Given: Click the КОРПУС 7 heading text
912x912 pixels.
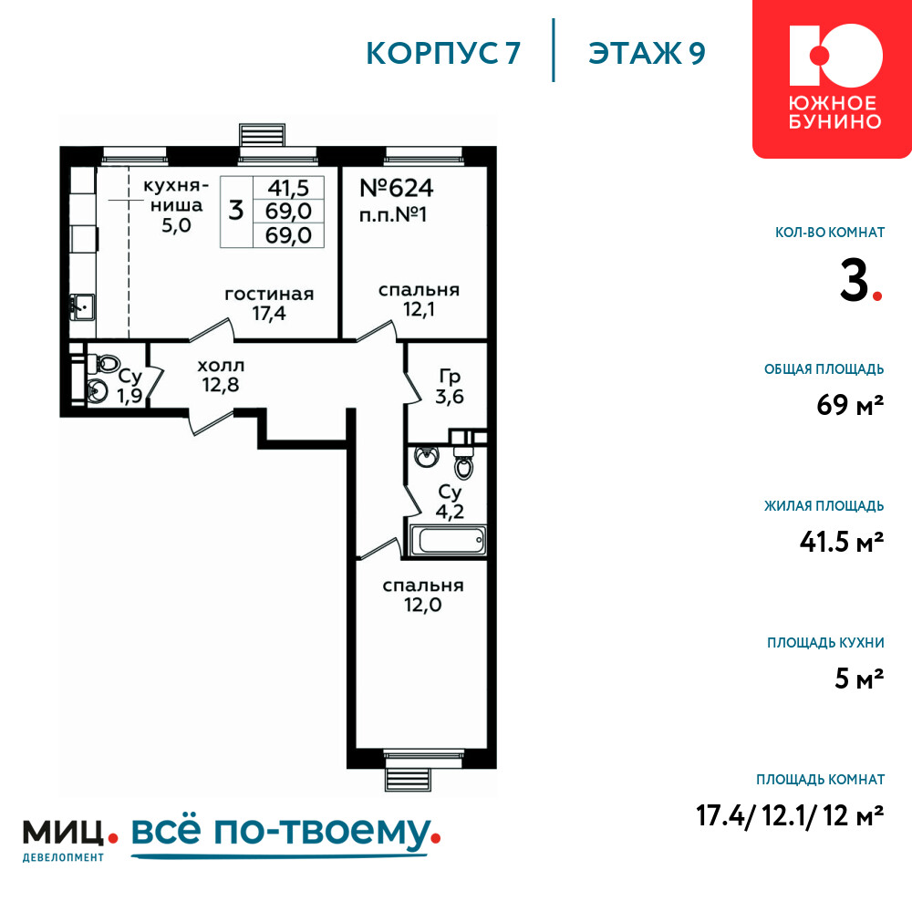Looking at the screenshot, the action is point(443,54).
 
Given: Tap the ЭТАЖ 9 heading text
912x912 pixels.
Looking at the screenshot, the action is point(647,54).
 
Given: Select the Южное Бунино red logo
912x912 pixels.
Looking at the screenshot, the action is point(833,78).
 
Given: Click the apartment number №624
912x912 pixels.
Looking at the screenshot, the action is point(396,189).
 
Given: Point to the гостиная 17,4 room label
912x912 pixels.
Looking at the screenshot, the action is point(269,304).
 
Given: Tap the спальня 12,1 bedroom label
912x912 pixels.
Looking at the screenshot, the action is point(419,299).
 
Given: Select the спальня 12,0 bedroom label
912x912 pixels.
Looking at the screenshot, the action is point(423,595).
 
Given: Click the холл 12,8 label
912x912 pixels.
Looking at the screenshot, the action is point(221,375).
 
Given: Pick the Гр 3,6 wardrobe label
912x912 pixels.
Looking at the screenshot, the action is point(450,387).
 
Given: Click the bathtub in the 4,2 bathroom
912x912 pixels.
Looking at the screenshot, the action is point(449,540).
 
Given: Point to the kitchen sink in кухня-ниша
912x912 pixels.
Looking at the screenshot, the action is point(83,306).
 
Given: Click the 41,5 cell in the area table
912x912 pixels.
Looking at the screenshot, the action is point(288,188).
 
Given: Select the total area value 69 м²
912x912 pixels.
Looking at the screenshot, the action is point(850,405).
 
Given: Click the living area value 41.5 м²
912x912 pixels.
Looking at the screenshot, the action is point(842,542).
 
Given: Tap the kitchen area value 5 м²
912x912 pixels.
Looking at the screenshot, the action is point(859,679).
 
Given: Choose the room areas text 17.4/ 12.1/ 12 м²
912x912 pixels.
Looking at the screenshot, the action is point(790,815).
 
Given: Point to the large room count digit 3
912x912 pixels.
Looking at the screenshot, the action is point(855,280).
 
